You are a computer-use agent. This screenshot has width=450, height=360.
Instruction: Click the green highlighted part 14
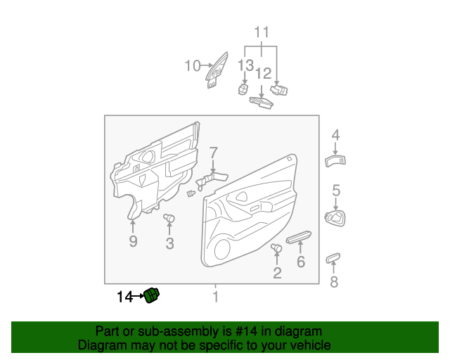[152, 295]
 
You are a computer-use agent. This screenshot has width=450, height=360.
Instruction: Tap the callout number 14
[125, 297]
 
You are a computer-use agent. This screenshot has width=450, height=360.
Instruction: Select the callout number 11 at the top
[262, 32]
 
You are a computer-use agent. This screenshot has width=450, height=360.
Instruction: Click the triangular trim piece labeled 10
[217, 70]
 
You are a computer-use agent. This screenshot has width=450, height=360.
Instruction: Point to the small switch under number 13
[243, 89]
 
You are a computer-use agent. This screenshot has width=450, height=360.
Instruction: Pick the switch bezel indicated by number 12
[261, 103]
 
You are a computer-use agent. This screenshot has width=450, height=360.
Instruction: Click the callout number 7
[213, 153]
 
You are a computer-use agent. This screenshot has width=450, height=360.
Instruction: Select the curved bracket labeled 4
[335, 161]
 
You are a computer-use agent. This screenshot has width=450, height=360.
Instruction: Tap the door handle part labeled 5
[335, 218]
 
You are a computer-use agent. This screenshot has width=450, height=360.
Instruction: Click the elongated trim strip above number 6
[298, 237]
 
